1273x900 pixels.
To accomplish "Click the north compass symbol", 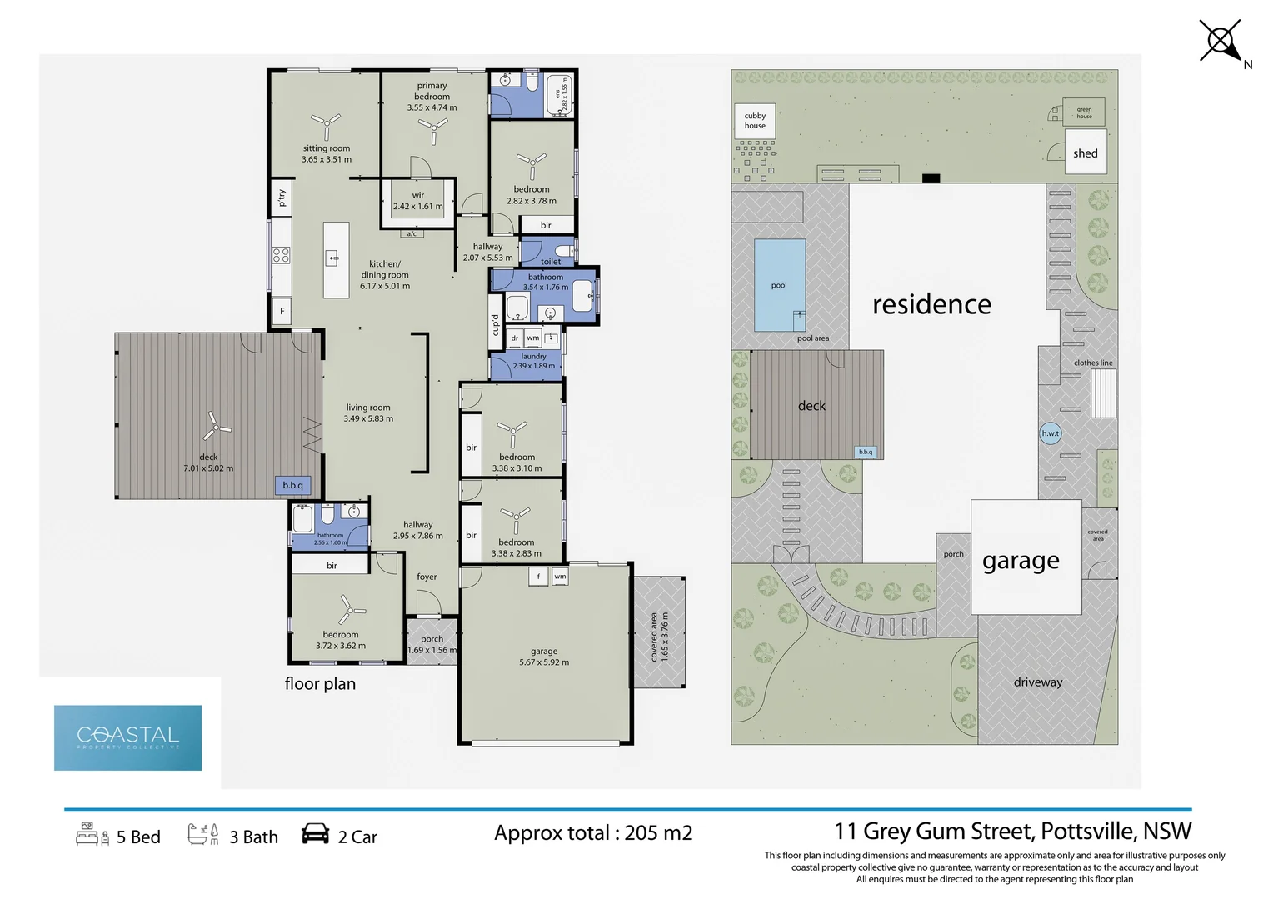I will (x=1221, y=41).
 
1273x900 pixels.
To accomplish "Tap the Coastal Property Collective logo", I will (x=127, y=737).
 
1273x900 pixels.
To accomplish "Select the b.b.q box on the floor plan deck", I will (x=293, y=485).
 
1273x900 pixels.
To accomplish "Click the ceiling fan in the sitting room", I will (x=326, y=125).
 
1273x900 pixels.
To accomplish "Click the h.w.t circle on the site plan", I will (x=1051, y=433).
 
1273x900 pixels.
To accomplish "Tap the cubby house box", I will (x=755, y=121).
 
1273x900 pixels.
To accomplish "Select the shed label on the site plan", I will (x=1085, y=153).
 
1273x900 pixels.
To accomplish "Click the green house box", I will (x=1084, y=112).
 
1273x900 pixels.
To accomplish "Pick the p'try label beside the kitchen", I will (x=282, y=197).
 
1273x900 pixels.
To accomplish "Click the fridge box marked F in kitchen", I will (x=282, y=311).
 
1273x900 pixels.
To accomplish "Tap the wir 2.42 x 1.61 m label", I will (x=417, y=202).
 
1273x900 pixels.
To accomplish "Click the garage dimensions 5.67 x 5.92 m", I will (x=544, y=662).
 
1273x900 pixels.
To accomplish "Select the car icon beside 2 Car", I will (x=315, y=834).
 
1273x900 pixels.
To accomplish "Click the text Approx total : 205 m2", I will (x=593, y=833).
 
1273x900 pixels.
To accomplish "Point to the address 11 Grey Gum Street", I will (x=1012, y=832).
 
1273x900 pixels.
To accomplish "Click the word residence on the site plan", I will (x=931, y=305).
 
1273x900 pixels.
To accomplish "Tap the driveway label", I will (x=1038, y=682).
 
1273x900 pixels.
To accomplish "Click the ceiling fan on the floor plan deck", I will (x=216, y=427).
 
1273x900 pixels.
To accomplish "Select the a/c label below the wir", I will (x=412, y=234).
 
